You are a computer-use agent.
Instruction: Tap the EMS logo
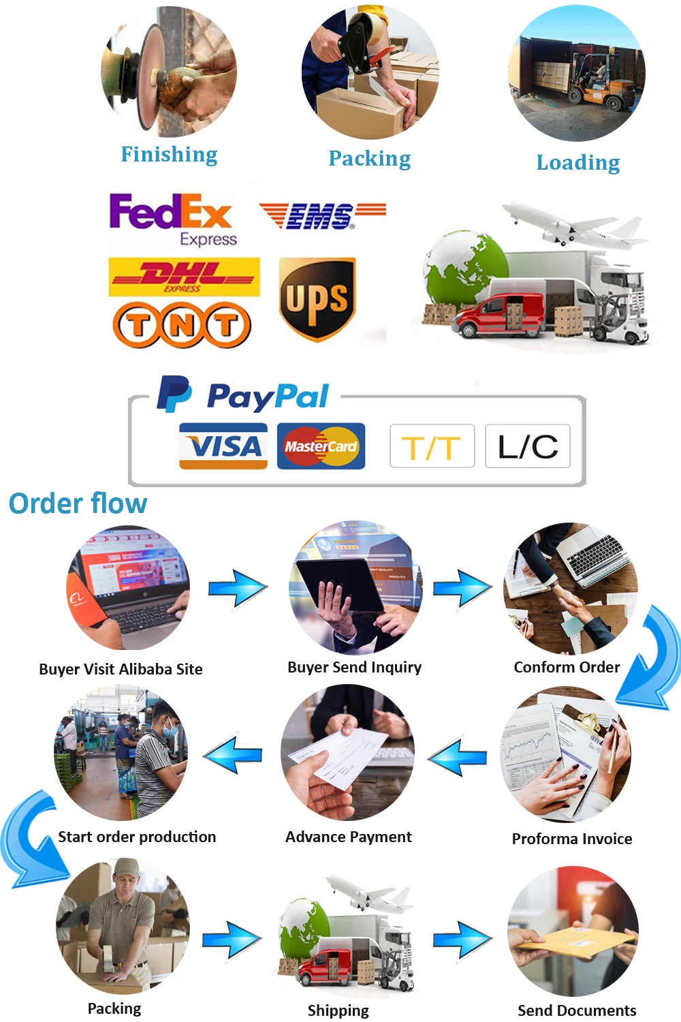coord(321,216)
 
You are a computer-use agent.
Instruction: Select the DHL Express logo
coord(184,277)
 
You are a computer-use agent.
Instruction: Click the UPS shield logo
coord(317,298)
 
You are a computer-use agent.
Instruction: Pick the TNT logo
coord(182,325)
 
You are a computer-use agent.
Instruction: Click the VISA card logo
coord(223,446)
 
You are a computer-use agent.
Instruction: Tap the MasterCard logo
coord(321,446)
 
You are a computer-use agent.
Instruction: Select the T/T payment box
coord(432,447)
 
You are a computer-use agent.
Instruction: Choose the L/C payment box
coord(528,446)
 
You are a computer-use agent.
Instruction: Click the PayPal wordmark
coord(268,396)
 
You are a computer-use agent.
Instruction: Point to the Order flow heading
coord(78,504)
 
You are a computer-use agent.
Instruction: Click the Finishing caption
coord(169,155)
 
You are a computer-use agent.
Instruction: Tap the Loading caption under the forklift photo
coord(578,163)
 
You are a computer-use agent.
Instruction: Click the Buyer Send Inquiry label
coord(354,667)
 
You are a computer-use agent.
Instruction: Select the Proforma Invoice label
coord(572,839)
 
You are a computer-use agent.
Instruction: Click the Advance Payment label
coord(349,837)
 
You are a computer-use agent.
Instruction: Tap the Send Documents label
coord(577,1010)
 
